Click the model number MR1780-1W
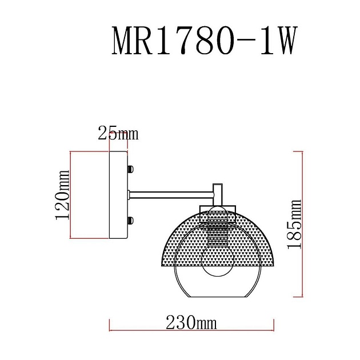[x=203, y=41]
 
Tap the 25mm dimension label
[x=118, y=134]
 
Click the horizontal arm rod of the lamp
[x=171, y=195]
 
